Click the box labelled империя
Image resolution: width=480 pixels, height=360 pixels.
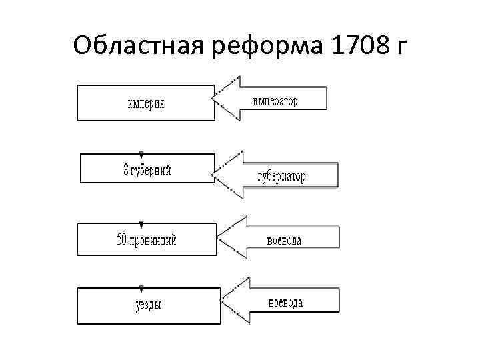[x=146, y=103]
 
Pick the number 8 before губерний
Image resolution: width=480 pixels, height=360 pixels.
[x=127, y=170]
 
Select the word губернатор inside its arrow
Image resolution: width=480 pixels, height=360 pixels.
[x=281, y=177]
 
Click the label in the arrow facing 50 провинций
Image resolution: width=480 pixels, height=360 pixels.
[x=284, y=241]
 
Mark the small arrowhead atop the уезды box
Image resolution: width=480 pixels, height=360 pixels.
[x=142, y=289]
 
